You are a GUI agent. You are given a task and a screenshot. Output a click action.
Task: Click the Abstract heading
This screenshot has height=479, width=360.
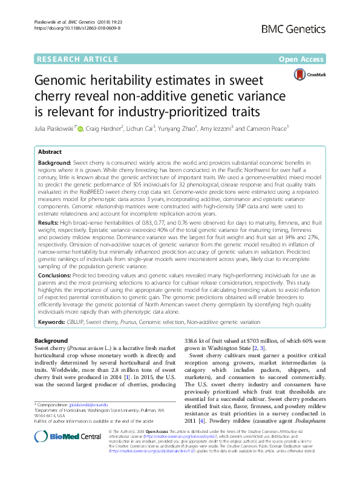[x=51, y=153]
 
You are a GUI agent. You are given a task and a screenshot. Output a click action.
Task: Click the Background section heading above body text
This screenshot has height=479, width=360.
[x=51, y=342]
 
